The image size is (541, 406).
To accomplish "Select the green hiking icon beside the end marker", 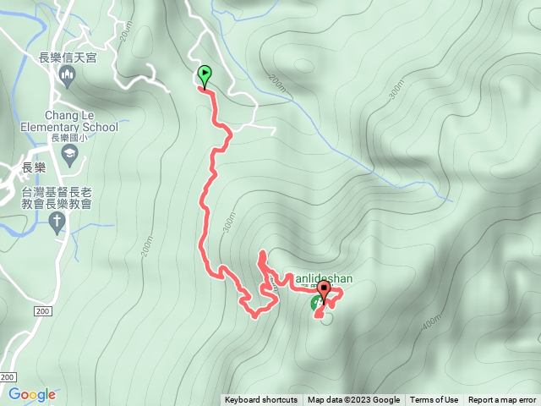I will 316,302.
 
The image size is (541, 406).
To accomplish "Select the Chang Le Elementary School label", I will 69,121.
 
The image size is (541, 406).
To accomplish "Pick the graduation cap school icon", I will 69,154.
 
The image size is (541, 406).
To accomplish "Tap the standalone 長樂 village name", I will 34,167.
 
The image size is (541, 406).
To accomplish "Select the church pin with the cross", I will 57,222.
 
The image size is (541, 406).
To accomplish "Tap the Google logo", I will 32,394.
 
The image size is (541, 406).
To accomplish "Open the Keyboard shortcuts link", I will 260,400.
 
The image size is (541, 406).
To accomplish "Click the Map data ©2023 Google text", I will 353,400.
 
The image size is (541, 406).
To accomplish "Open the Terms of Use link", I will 434,400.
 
